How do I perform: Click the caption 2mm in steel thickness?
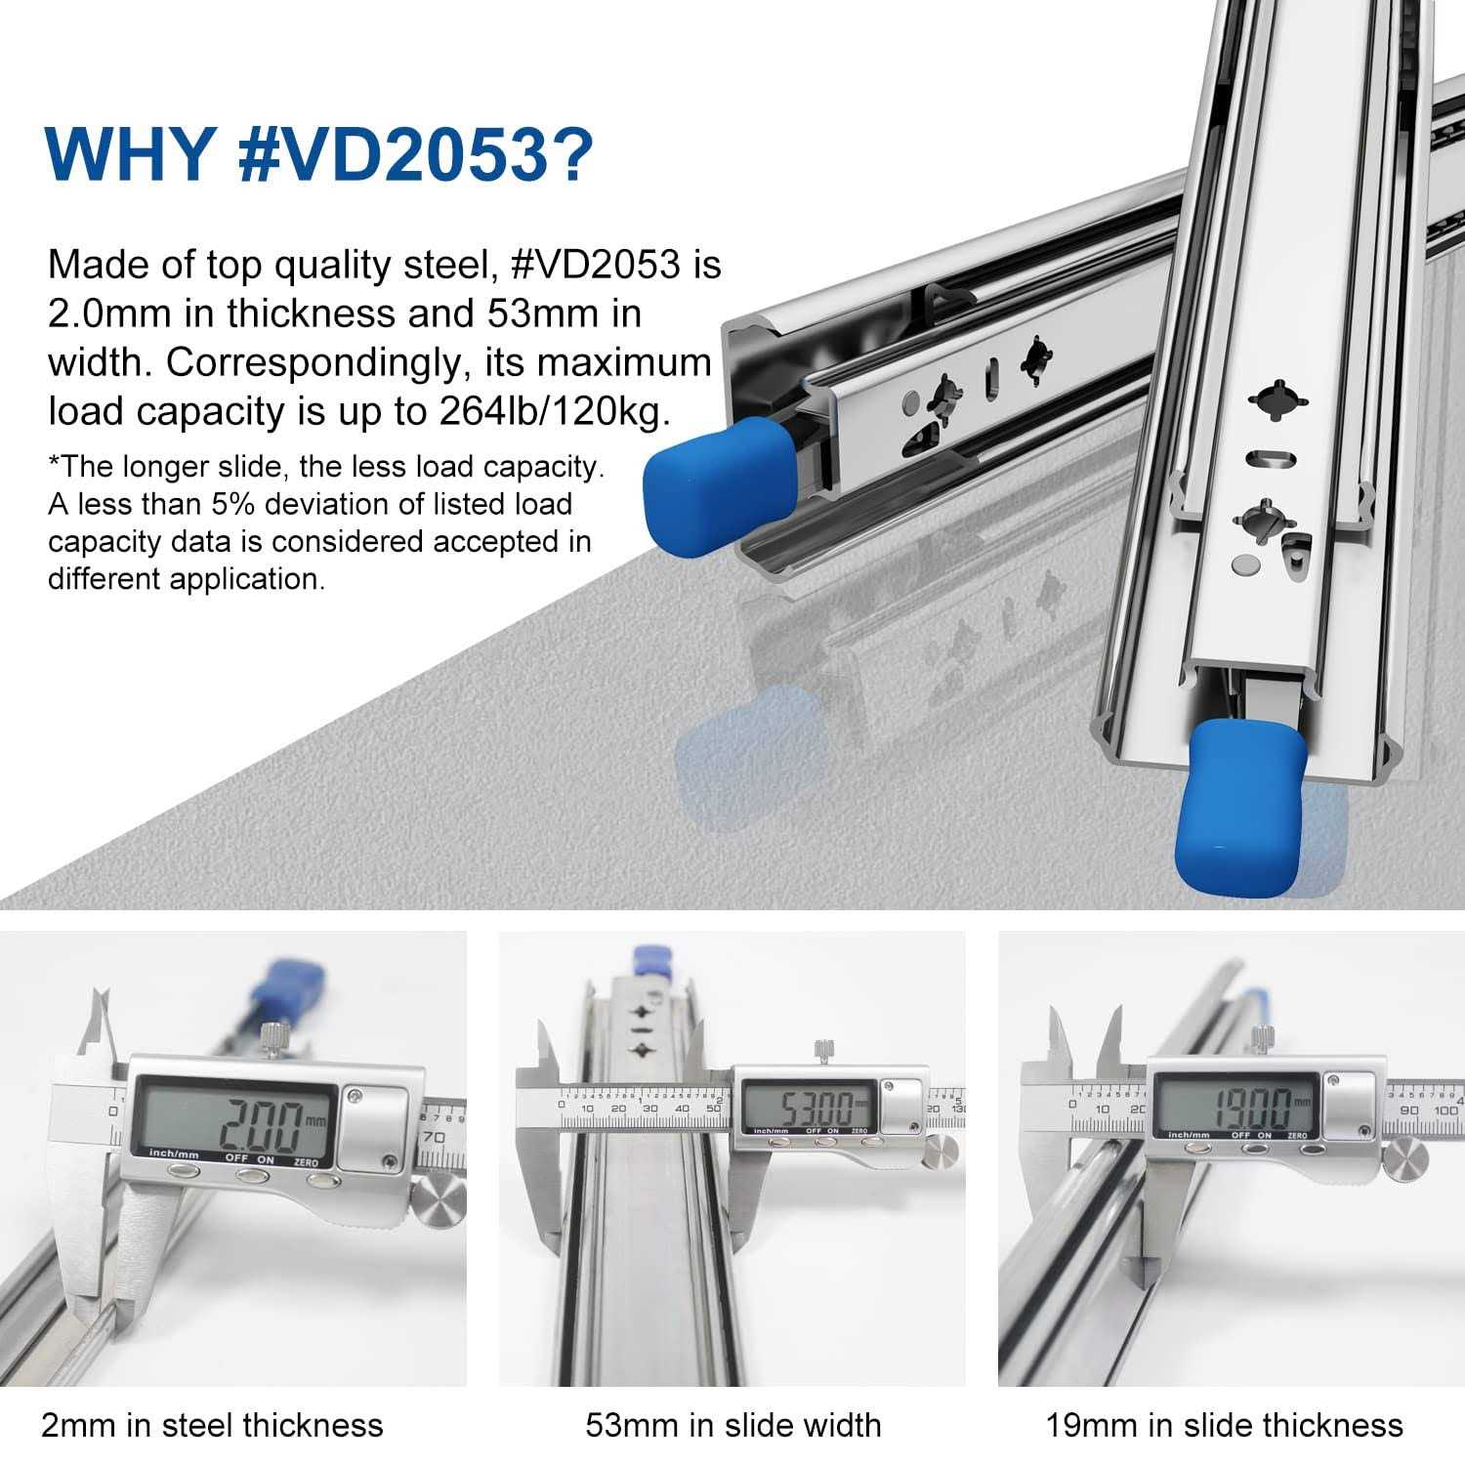tap(212, 1425)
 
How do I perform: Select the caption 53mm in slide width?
tap(733, 1425)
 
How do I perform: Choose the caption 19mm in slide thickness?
tap(1225, 1425)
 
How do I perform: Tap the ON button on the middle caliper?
tap(830, 1140)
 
